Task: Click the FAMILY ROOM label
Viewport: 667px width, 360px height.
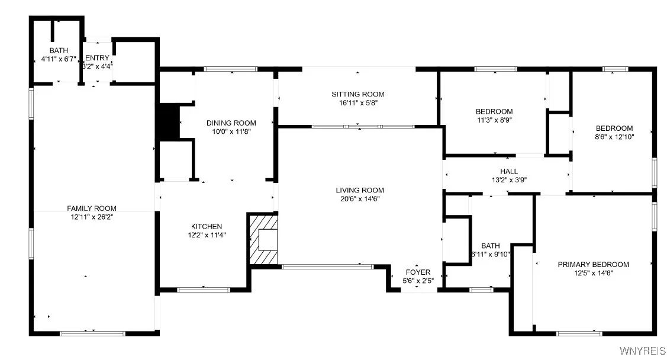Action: (x=91, y=208)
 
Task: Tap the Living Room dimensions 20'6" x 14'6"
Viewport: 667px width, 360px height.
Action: (x=360, y=199)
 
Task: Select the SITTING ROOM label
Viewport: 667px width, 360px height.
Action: (x=357, y=94)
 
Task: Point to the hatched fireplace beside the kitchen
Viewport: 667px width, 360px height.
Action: (x=263, y=239)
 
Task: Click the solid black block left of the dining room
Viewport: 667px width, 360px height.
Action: (x=168, y=123)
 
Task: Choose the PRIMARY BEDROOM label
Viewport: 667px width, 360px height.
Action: (x=593, y=265)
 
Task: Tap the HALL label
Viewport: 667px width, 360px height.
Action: (x=509, y=172)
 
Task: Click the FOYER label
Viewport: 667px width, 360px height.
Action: (x=417, y=272)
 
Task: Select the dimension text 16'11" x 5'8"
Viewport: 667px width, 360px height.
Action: (x=357, y=103)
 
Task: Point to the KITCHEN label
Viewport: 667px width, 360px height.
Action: (x=207, y=226)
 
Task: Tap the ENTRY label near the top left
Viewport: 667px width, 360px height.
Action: (x=97, y=57)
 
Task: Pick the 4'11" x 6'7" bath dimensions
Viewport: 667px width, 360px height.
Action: (x=59, y=59)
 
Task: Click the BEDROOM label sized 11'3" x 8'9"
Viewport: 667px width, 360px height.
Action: (x=494, y=111)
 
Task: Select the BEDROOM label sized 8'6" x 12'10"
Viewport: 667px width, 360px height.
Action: (x=614, y=128)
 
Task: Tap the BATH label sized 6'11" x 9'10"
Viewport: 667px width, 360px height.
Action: (x=490, y=246)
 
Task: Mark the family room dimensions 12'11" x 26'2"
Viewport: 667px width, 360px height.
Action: (x=91, y=217)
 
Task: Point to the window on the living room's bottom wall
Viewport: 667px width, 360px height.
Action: (x=327, y=266)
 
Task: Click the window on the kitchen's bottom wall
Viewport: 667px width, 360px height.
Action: (x=195, y=290)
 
